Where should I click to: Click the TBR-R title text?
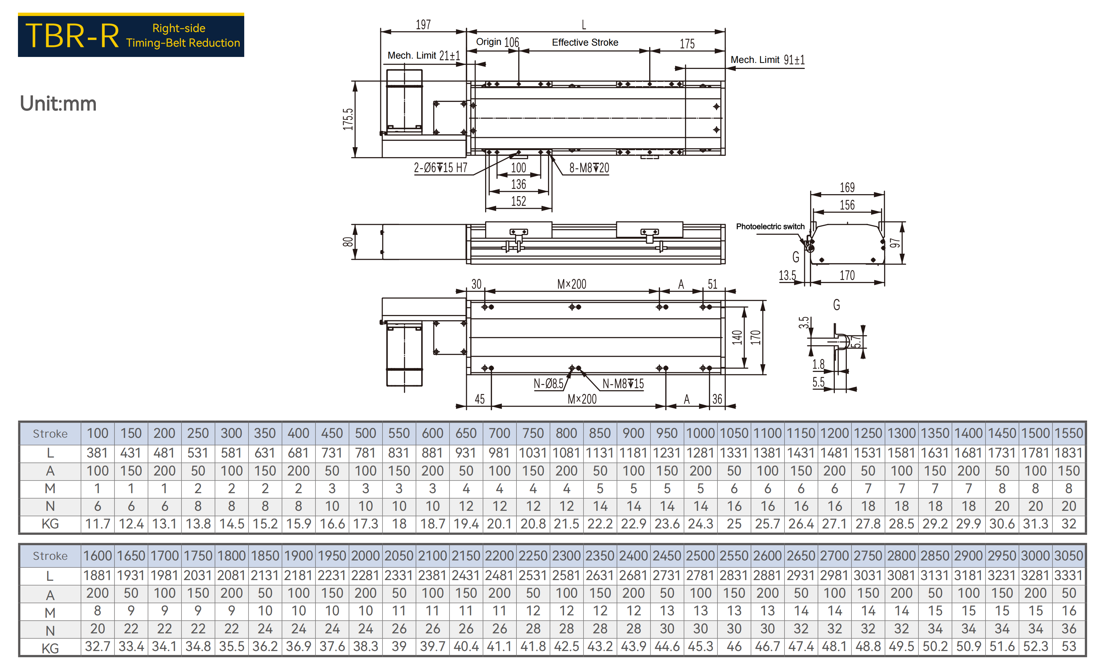pos(72,36)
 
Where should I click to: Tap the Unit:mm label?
pos(58,104)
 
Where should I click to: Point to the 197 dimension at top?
pos(423,25)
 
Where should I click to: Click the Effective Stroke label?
pos(585,42)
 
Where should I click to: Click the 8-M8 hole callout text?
pos(589,168)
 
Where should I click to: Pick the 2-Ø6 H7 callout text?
pos(440,168)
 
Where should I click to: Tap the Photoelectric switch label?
pos(770,227)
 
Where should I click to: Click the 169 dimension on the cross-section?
pos(847,187)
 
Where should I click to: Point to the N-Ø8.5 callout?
pos(548,384)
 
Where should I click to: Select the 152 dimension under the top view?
pos(519,201)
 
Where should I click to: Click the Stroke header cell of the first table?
pos(50,434)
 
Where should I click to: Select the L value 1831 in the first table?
pos(1069,453)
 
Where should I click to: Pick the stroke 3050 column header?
pos(1069,555)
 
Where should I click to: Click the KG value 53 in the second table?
pos(1069,646)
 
